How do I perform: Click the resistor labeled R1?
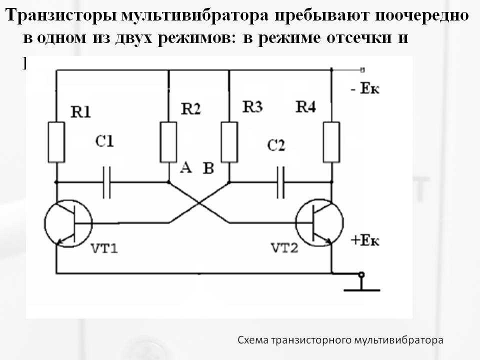57,141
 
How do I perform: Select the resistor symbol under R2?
168,141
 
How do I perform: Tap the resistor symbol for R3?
229,141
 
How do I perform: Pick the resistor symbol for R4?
331,141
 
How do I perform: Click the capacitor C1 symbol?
106,182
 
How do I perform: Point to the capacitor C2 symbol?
280,182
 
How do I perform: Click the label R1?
81,113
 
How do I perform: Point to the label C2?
276,145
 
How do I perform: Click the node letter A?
185,168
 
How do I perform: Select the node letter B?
208,168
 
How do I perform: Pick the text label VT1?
104,248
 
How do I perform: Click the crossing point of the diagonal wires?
199,202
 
